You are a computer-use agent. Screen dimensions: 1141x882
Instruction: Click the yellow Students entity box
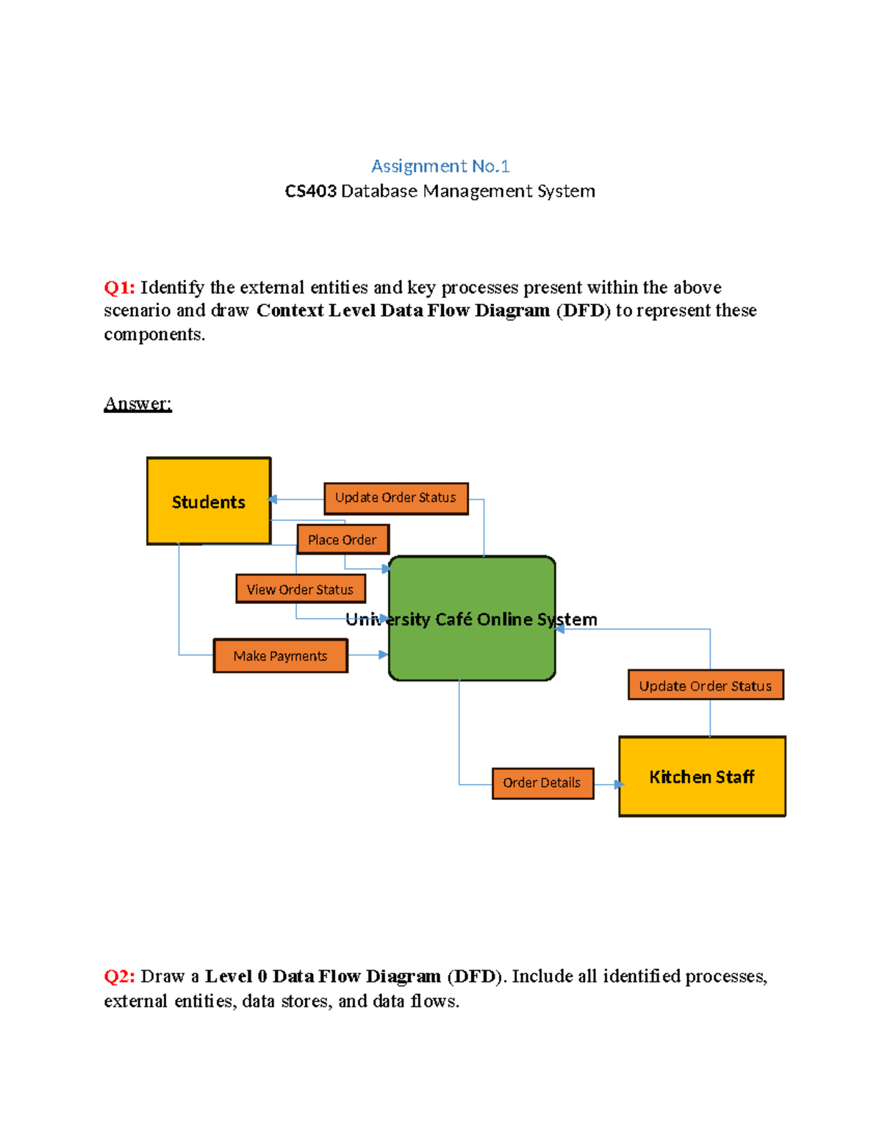point(209,501)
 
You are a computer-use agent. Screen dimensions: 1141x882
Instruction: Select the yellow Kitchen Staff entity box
point(702,777)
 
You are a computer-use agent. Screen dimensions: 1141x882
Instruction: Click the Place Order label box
point(343,539)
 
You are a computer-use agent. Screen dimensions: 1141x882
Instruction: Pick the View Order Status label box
point(300,589)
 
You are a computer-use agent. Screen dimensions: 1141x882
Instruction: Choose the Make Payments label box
point(280,655)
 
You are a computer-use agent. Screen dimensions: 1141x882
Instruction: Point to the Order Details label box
point(542,783)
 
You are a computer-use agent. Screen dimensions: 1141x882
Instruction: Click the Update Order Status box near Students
point(395,498)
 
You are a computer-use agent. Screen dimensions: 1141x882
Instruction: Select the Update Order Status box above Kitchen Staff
point(706,685)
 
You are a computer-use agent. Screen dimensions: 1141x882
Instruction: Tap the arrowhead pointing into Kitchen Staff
point(619,785)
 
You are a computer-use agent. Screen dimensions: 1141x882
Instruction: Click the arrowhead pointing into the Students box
point(273,500)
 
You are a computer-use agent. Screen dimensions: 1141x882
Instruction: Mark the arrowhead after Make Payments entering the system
point(383,654)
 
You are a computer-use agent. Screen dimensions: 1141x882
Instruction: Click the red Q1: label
point(119,287)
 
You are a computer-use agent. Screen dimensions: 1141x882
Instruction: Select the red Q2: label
point(119,976)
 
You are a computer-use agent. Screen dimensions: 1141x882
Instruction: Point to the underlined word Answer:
point(137,403)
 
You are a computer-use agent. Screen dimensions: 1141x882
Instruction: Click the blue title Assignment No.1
point(440,166)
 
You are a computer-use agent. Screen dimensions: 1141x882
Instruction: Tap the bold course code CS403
point(310,191)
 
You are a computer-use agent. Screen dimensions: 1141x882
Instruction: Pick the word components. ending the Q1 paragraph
point(154,334)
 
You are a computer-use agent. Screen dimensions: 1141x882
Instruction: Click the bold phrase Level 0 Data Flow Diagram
point(323,976)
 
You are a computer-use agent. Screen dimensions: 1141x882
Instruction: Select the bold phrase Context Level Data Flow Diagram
point(403,311)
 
